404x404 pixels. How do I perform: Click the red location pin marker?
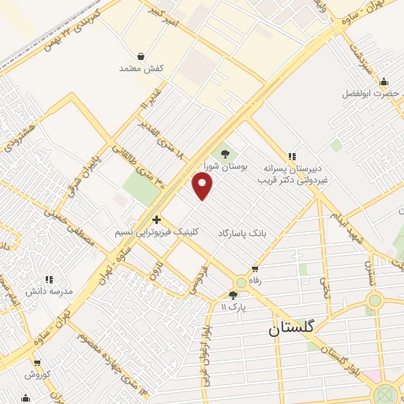click(x=203, y=185)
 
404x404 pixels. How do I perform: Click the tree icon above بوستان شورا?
click(x=226, y=153)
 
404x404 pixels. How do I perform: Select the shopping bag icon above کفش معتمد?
click(x=140, y=56)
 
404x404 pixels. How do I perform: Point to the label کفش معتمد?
click(x=140, y=69)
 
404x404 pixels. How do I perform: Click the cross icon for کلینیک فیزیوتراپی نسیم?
click(x=156, y=219)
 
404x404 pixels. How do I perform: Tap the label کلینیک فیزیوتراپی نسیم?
click(x=157, y=233)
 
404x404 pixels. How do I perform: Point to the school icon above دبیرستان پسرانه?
click(x=292, y=156)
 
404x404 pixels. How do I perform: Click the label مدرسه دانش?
click(x=50, y=291)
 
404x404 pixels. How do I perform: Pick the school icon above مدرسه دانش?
click(x=49, y=279)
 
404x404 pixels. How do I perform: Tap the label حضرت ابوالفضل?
click(x=371, y=93)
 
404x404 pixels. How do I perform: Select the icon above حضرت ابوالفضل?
click(x=384, y=81)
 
